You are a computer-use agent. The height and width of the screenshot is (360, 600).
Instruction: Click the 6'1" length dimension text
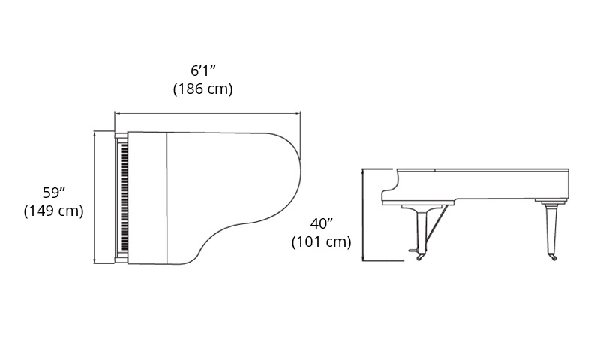[203, 70]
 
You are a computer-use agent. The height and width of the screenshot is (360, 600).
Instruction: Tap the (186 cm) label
[203, 88]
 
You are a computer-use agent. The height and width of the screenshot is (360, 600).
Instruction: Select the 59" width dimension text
[54, 193]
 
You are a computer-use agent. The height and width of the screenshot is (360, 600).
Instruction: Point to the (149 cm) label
[54, 211]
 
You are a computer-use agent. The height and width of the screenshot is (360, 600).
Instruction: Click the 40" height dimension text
[322, 223]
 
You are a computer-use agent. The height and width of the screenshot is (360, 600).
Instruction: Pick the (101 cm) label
[322, 241]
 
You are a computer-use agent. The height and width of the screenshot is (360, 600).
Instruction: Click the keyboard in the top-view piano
[124, 198]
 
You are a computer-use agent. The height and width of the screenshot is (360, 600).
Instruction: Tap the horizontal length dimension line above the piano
[208, 113]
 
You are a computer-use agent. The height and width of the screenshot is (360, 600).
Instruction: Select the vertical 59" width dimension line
[94, 197]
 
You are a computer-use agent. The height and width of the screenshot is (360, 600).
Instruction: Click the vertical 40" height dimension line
[363, 215]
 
